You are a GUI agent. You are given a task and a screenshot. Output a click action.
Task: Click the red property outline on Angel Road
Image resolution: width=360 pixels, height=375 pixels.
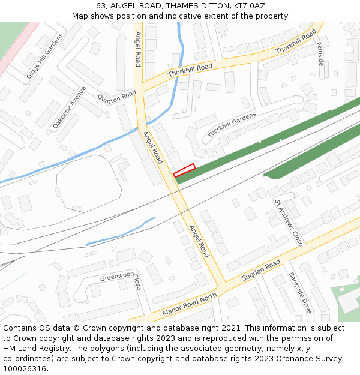tap(184, 170)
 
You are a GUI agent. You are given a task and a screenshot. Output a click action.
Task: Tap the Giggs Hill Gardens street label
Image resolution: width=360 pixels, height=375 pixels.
tap(44, 56)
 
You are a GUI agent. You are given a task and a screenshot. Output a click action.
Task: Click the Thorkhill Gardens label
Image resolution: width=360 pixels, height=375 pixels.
tap(231, 125)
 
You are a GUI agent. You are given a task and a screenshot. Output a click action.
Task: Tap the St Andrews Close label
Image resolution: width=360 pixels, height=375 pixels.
tap(289, 223)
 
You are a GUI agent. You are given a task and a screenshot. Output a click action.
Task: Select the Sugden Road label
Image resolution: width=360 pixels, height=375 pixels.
tap(261, 271)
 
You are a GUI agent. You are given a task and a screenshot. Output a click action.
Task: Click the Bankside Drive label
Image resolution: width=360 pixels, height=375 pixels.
tap(300, 293)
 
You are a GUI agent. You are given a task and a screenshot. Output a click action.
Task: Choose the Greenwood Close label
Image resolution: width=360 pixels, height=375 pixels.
tap(123, 278)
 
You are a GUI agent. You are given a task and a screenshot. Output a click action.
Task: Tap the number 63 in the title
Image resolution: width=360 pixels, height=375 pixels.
tap(101, 5)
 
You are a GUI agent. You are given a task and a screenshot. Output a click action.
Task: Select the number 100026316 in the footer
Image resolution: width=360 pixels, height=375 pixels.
tap(25, 368)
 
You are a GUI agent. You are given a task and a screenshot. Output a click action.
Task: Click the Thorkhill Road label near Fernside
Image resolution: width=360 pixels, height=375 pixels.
tap(296, 42)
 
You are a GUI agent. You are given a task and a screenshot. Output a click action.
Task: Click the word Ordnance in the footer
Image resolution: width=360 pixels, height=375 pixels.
tap(290, 359)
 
